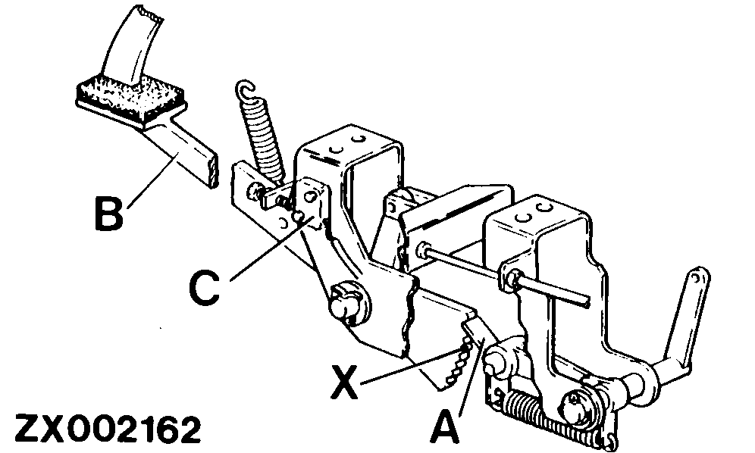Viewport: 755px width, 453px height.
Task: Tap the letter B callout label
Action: [x=108, y=213]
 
